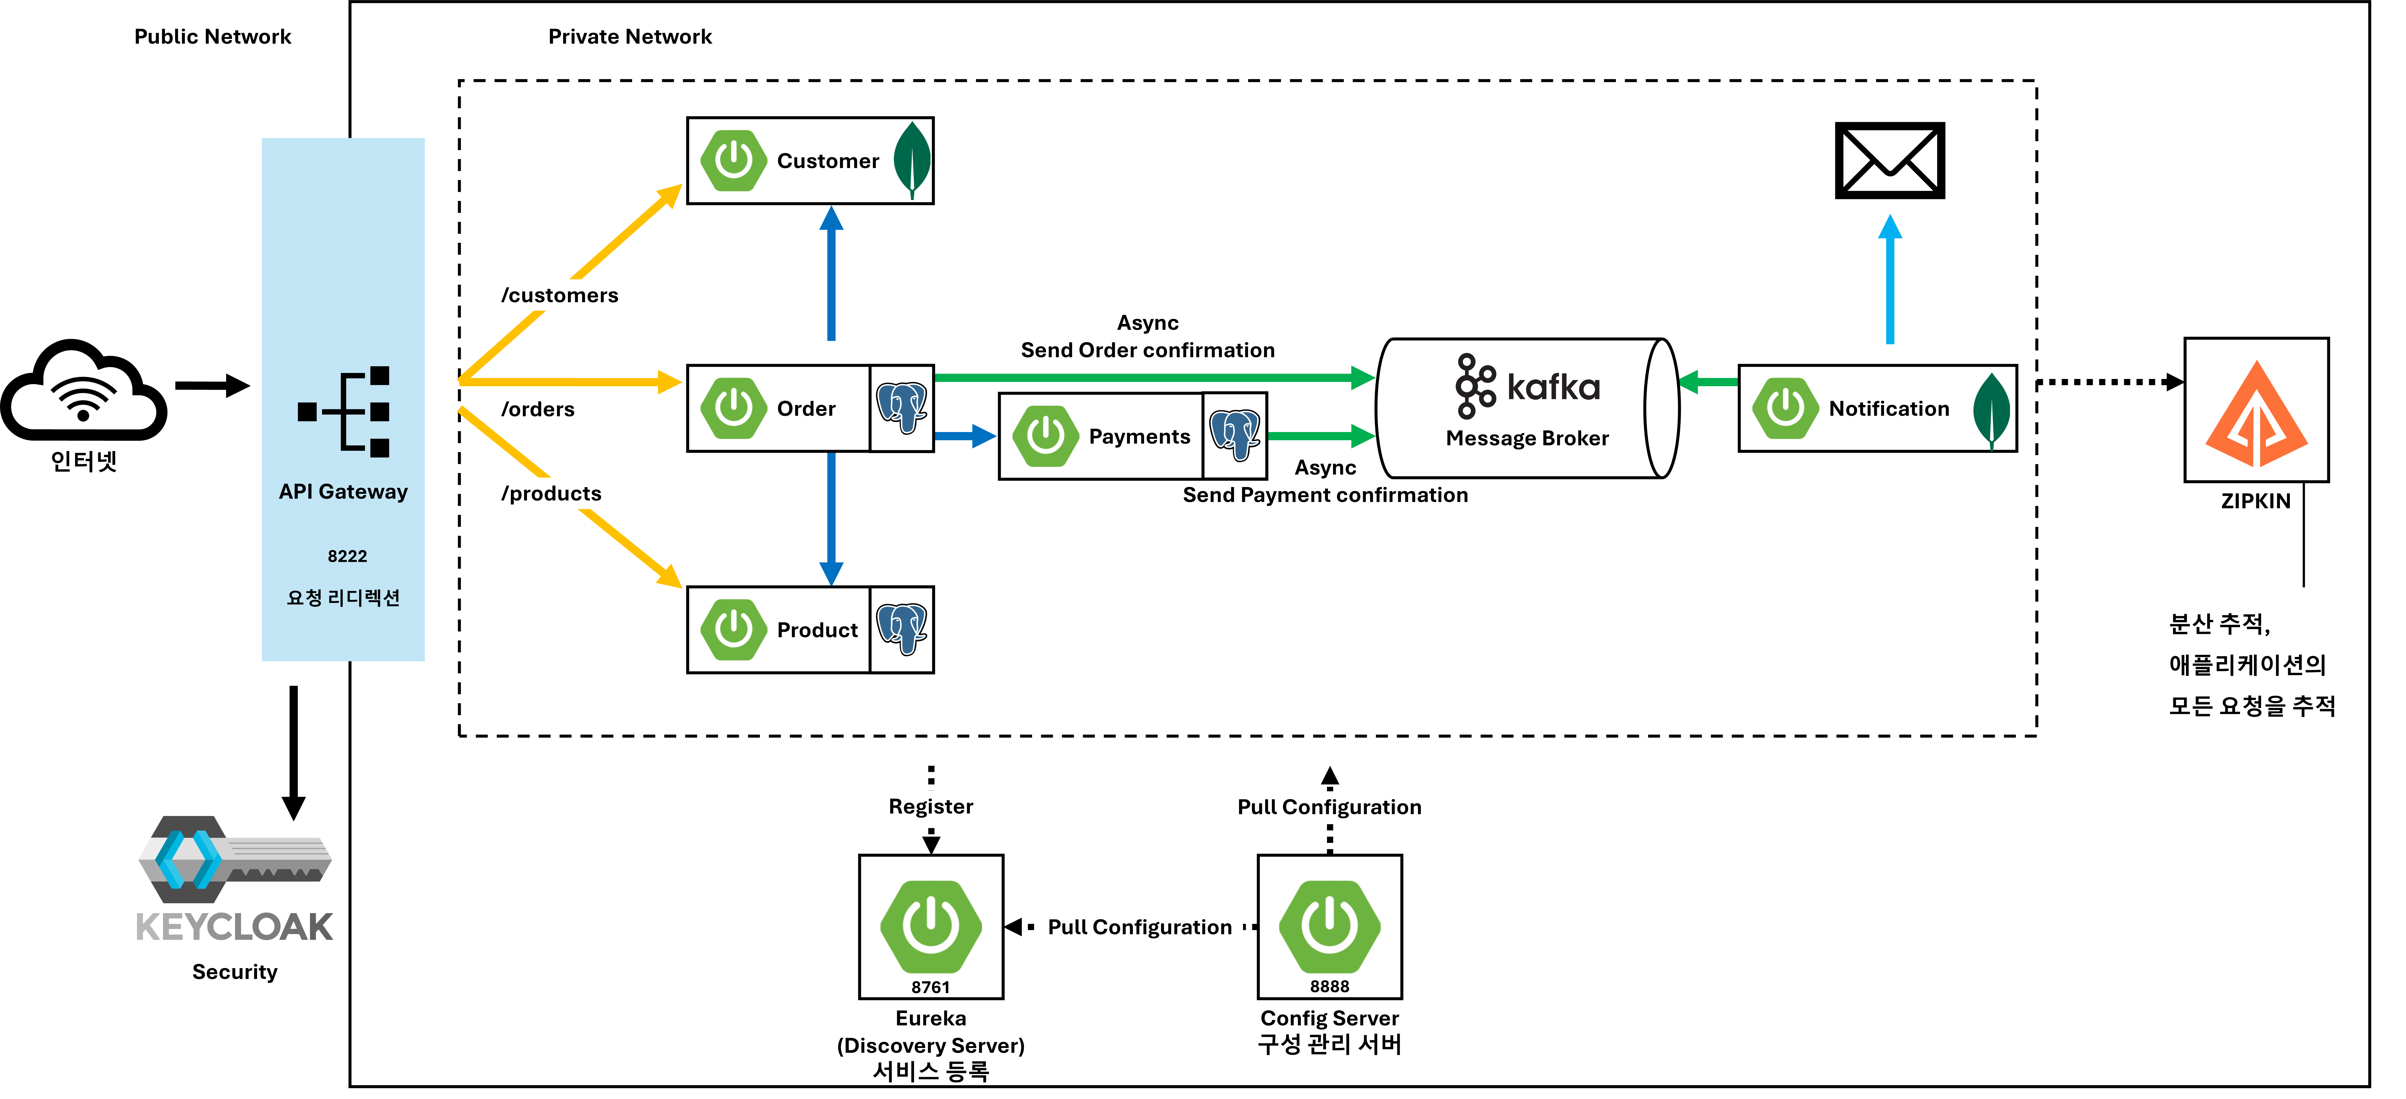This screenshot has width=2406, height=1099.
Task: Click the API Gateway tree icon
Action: tap(344, 412)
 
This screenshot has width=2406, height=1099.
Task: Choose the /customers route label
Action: tap(559, 295)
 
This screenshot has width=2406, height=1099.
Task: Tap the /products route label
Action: tap(551, 494)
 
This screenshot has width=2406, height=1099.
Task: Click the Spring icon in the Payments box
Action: tap(1045, 436)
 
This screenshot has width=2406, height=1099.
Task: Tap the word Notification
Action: tap(1889, 409)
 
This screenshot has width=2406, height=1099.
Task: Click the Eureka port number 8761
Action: tap(930, 987)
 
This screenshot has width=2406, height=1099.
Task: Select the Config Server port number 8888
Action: tap(1329, 986)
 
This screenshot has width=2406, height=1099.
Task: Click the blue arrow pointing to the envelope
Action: tap(1889, 280)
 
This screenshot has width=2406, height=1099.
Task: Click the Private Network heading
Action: tap(629, 36)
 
